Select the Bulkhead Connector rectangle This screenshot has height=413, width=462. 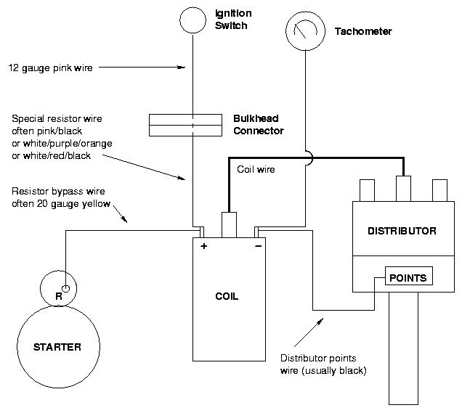pyautogui.click(x=185, y=124)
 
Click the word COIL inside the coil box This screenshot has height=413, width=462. pyautogui.click(x=227, y=297)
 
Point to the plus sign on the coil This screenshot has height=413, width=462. pyautogui.click(x=203, y=247)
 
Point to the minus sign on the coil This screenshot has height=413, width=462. pyautogui.click(x=258, y=247)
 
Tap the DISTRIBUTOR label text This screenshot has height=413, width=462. pyautogui.click(x=402, y=232)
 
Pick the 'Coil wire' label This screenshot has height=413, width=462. pyautogui.click(x=256, y=170)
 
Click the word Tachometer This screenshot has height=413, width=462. pyautogui.click(x=363, y=32)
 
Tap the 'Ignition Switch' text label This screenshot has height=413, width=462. pyautogui.click(x=232, y=20)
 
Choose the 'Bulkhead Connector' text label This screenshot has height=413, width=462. pyautogui.click(x=258, y=125)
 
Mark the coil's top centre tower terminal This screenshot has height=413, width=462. pyautogui.click(x=229, y=223)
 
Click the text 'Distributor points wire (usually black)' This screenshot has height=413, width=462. pyautogui.click(x=323, y=364)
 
